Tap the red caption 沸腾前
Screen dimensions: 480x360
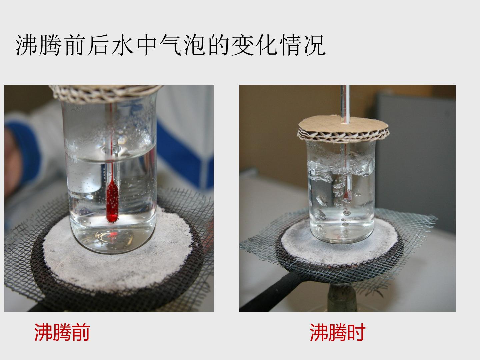tap(62, 332)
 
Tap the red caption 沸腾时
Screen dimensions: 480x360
tap(337, 332)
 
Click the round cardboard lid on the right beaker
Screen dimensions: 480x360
tap(343, 129)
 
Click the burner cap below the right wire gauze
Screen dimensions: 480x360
tap(342, 297)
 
